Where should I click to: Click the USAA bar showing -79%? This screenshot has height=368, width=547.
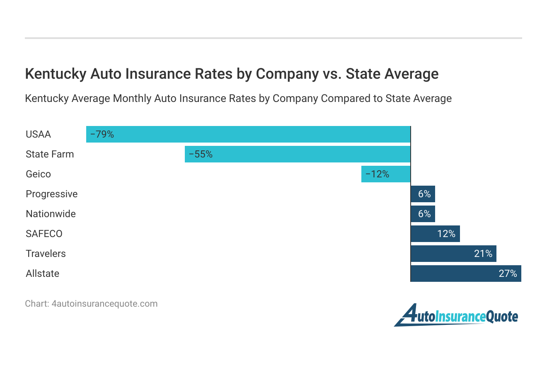click(x=248, y=134)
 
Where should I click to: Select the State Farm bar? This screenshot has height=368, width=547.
click(x=297, y=154)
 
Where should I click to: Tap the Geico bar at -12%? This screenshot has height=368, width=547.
click(x=385, y=174)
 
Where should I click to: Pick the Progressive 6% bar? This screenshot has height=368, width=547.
click(x=423, y=194)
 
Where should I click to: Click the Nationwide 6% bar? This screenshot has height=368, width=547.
click(x=423, y=214)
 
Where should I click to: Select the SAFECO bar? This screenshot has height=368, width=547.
click(x=435, y=234)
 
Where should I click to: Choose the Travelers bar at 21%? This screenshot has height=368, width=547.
click(x=453, y=254)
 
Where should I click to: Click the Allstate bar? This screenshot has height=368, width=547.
click(x=466, y=274)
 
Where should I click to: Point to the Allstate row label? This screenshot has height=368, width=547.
click(x=42, y=274)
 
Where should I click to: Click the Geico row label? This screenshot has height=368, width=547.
click(x=38, y=174)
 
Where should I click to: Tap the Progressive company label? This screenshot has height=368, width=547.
click(x=51, y=194)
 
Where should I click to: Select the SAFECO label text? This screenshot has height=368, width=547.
click(x=44, y=234)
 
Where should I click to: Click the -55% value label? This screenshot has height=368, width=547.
click(x=201, y=154)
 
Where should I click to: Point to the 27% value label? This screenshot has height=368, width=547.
click(x=508, y=274)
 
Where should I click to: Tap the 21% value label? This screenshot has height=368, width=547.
click(x=483, y=254)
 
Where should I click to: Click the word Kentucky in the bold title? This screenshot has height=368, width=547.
click(x=56, y=74)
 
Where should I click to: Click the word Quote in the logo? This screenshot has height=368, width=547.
click(x=502, y=317)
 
